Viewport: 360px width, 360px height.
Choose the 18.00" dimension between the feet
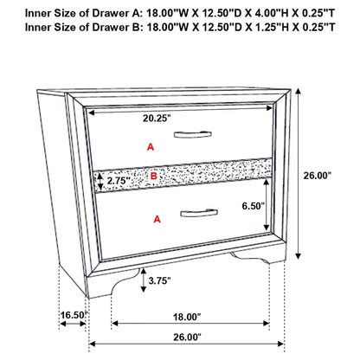185,317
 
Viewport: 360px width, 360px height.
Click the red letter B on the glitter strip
153,176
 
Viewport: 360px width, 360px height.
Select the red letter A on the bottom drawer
157,220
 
